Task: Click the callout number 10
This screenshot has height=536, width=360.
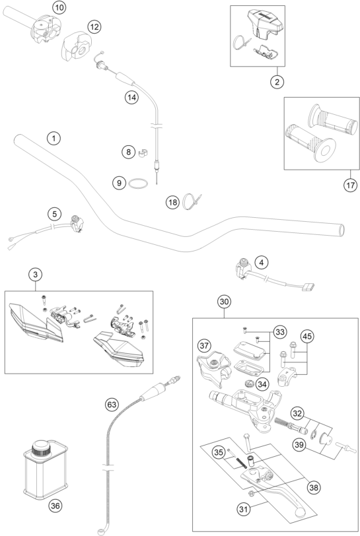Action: pyautogui.click(x=59, y=7)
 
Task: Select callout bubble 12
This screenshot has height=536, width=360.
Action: pyautogui.click(x=94, y=26)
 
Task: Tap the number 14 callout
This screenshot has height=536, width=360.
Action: pyautogui.click(x=131, y=98)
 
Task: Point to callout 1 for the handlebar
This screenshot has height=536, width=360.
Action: pyautogui.click(x=54, y=139)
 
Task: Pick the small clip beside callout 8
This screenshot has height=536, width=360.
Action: pyautogui.click(x=143, y=152)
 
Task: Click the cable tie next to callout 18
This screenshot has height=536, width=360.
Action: pyautogui.click(x=192, y=201)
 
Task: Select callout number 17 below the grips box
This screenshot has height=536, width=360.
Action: pyautogui.click(x=350, y=185)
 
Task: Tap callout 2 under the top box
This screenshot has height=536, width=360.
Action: pyautogui.click(x=277, y=82)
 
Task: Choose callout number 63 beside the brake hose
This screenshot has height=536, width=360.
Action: pyautogui.click(x=112, y=405)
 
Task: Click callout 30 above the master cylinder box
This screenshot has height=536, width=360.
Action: pyautogui.click(x=224, y=302)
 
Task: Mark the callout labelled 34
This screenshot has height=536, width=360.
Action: pyautogui.click(x=262, y=385)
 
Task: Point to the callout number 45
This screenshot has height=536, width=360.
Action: pyautogui.click(x=307, y=337)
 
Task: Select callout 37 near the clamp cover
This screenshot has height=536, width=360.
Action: pyautogui.click(x=204, y=346)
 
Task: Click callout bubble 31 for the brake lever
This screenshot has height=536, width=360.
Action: pyautogui.click(x=243, y=510)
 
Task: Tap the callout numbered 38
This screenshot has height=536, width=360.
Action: pyautogui.click(x=314, y=487)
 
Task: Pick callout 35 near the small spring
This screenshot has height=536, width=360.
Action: pyautogui.click(x=219, y=452)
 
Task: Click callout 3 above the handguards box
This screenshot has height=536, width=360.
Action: pyautogui.click(x=36, y=274)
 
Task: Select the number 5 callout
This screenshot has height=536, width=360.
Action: pyautogui.click(x=55, y=215)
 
